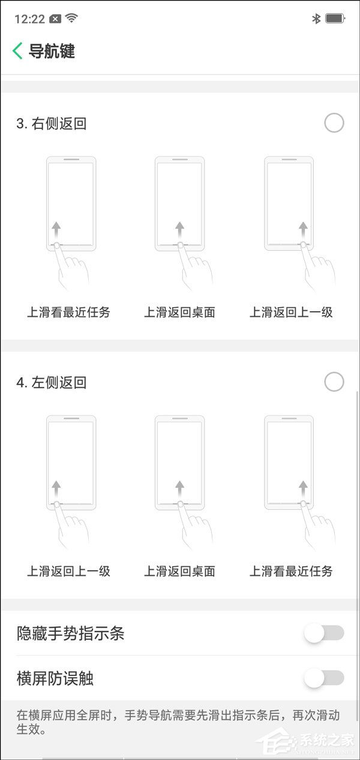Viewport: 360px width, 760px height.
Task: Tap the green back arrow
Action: tap(17, 51)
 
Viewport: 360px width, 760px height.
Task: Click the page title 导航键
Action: tap(52, 51)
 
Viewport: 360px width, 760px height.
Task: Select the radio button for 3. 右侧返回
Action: tap(334, 122)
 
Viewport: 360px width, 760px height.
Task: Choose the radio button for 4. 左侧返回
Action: tap(334, 381)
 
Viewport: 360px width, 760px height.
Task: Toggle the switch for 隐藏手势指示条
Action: tap(324, 633)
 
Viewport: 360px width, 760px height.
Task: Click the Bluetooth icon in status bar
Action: tap(316, 19)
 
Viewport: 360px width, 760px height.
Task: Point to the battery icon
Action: tap(335, 19)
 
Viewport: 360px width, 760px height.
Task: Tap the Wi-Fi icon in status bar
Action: tap(71, 17)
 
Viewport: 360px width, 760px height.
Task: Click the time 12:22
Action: tap(29, 19)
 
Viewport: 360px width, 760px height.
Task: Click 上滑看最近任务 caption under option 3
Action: tap(69, 312)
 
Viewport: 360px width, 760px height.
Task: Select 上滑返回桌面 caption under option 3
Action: tap(179, 312)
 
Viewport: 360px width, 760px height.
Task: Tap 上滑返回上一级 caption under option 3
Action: tap(291, 312)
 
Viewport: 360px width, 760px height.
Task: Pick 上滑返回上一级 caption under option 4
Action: tap(69, 572)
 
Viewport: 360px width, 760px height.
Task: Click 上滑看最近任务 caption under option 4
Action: tap(291, 572)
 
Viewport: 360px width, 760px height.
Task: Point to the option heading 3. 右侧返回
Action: tap(51, 124)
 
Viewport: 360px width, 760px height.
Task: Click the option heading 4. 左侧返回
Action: tap(51, 383)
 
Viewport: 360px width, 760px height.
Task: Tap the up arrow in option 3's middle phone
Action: tap(180, 230)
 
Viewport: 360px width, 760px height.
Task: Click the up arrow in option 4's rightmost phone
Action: tap(303, 489)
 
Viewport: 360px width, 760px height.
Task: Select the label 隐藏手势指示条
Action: tap(71, 633)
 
